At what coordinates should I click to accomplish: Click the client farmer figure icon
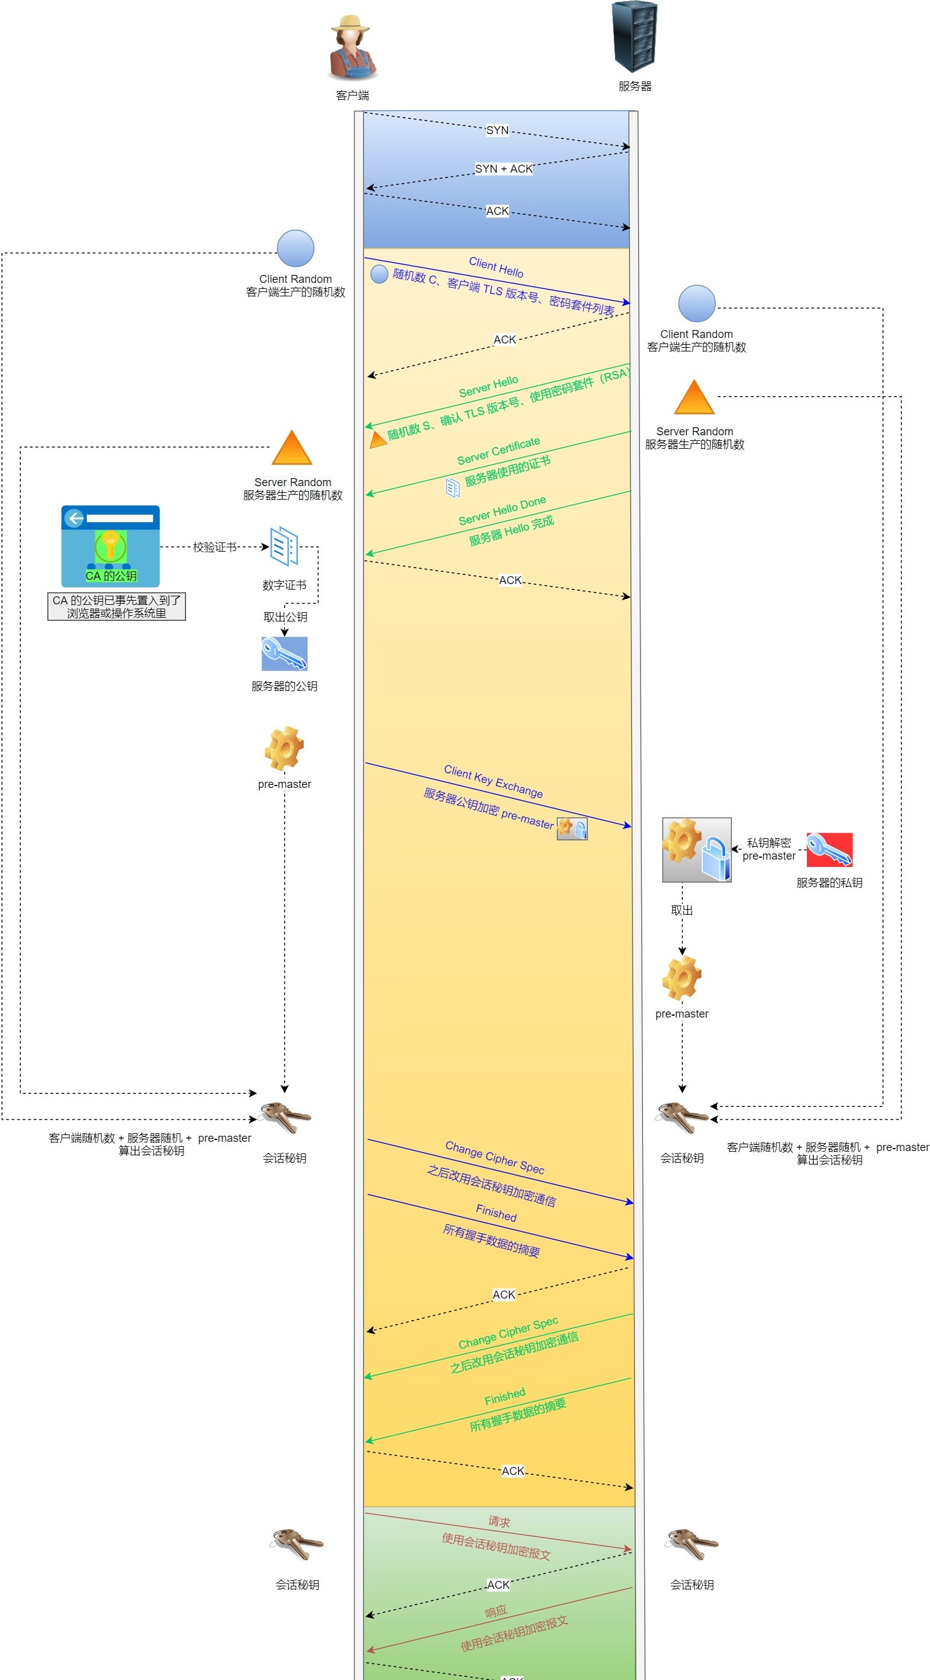click(352, 48)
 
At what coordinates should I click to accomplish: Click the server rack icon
click(634, 37)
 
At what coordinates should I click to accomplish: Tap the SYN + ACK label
click(504, 169)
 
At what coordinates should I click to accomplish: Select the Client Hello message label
click(496, 267)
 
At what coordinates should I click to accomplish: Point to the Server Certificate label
click(499, 451)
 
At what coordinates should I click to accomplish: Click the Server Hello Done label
click(502, 511)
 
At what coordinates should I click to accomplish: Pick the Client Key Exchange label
click(493, 781)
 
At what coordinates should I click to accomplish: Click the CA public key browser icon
click(110, 546)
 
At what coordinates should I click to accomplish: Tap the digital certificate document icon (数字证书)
click(284, 547)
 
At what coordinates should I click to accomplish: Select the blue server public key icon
click(284, 653)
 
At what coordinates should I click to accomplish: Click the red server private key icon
click(829, 849)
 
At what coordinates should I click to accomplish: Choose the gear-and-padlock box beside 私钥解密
click(697, 850)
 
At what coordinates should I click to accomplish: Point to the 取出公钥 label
click(285, 617)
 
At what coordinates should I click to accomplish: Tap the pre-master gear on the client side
click(284, 748)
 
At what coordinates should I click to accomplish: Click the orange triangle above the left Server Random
click(292, 449)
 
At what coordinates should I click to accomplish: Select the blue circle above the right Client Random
click(697, 303)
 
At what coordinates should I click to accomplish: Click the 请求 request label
click(499, 1521)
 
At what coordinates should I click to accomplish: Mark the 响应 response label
click(496, 1611)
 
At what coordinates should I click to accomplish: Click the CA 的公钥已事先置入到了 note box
click(117, 607)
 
